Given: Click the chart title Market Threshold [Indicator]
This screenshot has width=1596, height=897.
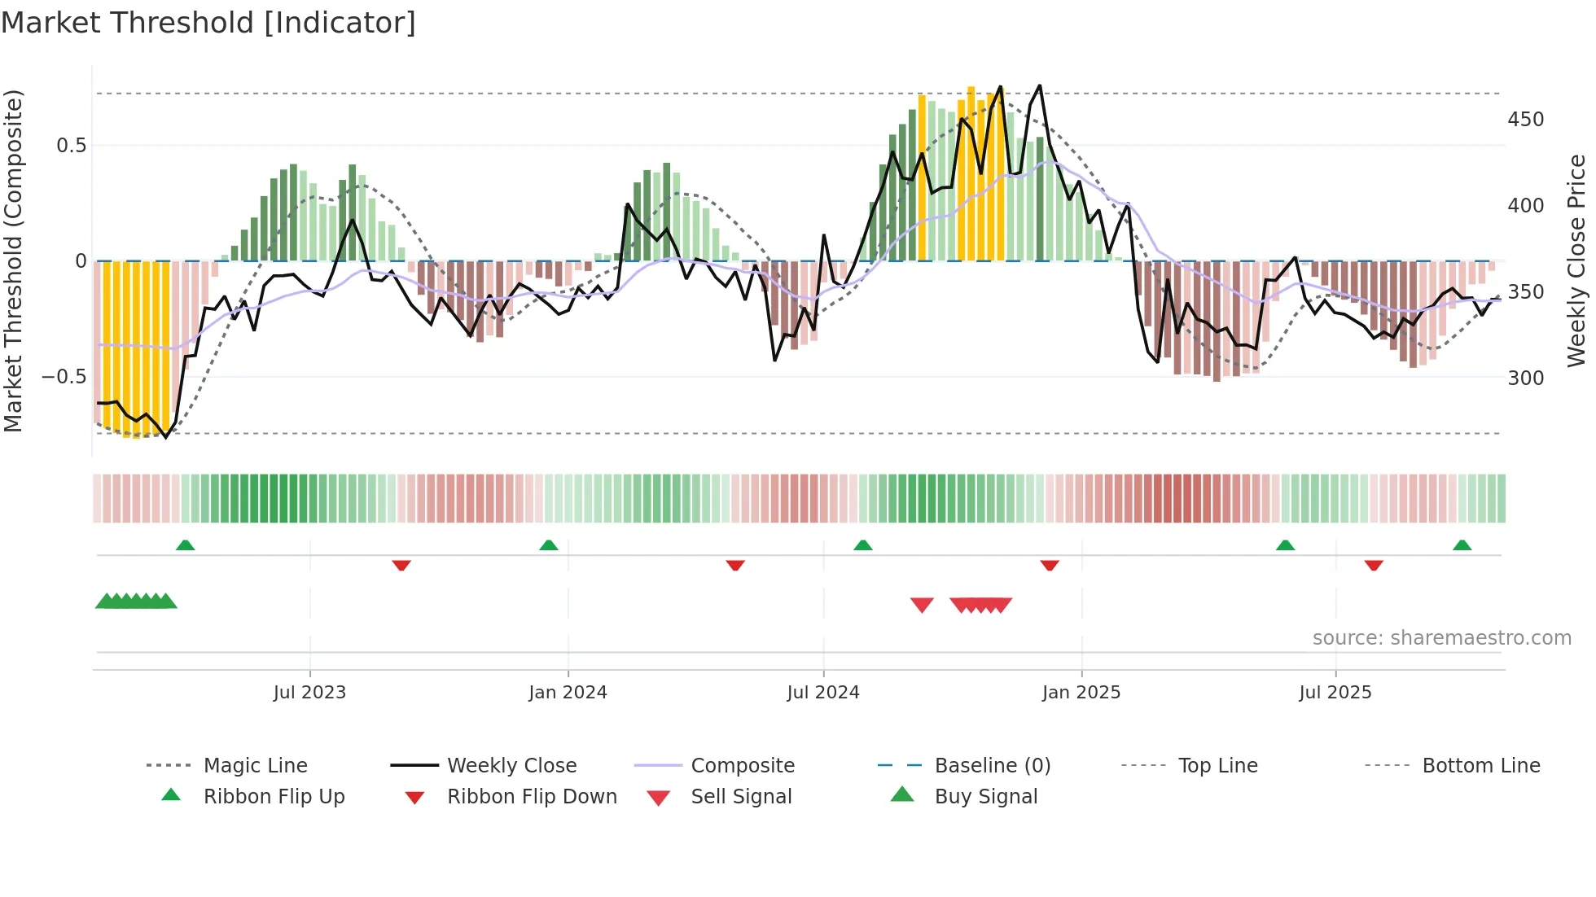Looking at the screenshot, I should point(208,23).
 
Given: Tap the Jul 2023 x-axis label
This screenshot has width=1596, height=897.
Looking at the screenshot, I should point(309,693).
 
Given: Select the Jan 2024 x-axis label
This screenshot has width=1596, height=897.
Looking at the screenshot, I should point(568,693).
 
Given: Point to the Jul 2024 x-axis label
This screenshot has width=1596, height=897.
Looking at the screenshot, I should point(822,693).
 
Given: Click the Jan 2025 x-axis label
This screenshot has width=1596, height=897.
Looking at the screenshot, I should point(1081,693).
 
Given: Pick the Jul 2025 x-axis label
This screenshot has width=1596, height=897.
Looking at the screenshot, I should point(1335,693).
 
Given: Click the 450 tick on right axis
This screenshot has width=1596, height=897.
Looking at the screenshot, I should point(1525,120).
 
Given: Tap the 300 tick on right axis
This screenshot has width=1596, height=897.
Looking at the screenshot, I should point(1525,378).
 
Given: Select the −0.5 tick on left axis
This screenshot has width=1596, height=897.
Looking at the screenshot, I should point(64,377).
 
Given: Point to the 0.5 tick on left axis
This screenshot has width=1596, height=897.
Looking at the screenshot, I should point(71,146).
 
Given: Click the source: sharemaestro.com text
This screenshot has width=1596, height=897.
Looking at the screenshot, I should point(1441,638).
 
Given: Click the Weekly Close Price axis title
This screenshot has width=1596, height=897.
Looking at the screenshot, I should point(1576,260).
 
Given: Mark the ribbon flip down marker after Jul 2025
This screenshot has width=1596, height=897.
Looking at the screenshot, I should point(1374,565).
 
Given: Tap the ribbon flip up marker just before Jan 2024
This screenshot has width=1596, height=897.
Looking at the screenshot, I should point(549,545).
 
